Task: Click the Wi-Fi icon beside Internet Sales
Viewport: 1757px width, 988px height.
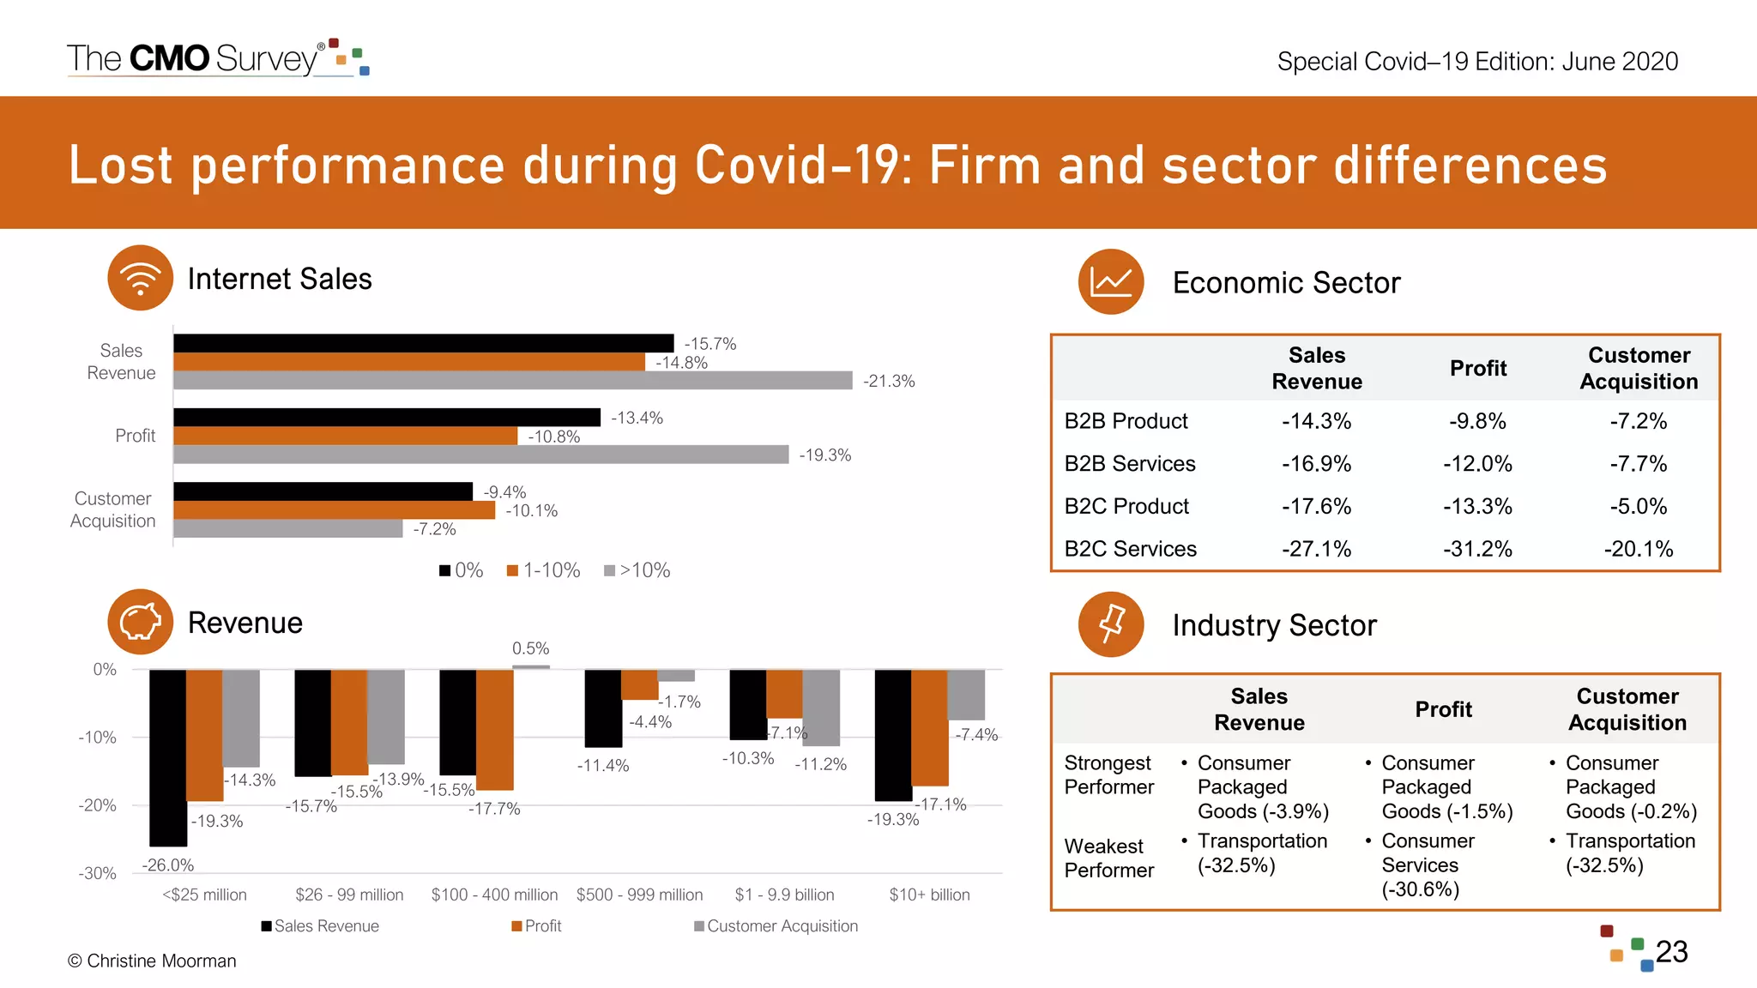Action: click(141, 278)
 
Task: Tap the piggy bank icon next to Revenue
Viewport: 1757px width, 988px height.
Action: click(141, 622)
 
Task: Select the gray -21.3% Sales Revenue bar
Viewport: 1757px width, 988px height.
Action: click(512, 380)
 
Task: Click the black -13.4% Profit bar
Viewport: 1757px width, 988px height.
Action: click(386, 417)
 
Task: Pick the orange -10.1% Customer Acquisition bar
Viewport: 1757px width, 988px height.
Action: click(334, 510)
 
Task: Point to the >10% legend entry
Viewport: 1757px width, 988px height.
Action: click(637, 570)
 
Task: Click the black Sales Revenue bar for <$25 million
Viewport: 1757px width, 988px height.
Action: click(167, 756)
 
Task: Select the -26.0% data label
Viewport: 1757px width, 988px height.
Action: click(168, 864)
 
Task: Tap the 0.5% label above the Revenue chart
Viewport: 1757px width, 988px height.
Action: click(530, 648)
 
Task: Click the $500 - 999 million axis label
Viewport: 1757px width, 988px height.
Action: click(639, 895)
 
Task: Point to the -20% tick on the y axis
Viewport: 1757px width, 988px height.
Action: click(97, 805)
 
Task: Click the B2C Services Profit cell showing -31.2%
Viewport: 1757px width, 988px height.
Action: click(1476, 549)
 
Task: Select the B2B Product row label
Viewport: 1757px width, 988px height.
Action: click(1126, 421)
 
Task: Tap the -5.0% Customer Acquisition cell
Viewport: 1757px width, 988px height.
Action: click(1638, 506)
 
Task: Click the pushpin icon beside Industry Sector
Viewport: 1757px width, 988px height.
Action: click(1111, 624)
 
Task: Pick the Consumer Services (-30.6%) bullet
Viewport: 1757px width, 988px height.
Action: click(1427, 864)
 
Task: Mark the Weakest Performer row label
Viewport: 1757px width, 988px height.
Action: click(1108, 858)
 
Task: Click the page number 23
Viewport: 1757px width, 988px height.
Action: click(1671, 952)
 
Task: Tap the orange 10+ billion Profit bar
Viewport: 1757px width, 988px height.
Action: click(929, 727)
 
